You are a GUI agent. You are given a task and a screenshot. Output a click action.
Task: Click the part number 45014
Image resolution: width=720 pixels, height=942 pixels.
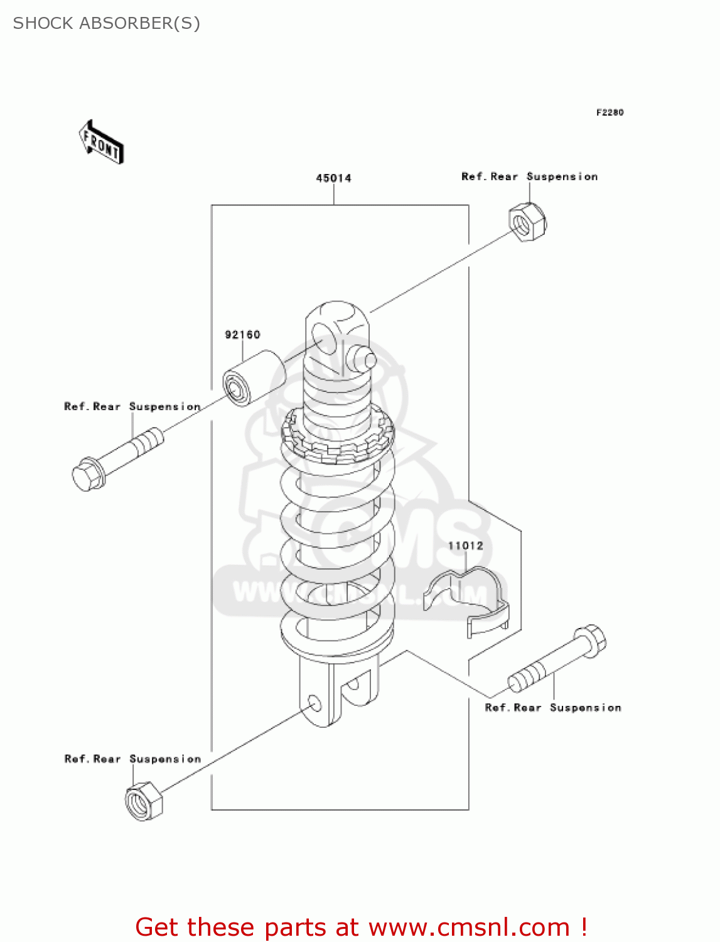click(x=333, y=178)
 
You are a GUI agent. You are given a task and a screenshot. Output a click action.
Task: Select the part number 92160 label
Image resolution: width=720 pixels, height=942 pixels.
click(x=242, y=335)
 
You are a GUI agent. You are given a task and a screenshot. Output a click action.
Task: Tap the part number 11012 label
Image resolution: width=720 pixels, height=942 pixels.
click(x=465, y=546)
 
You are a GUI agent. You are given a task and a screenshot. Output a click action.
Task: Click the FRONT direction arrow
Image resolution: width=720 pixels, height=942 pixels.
click(x=101, y=143)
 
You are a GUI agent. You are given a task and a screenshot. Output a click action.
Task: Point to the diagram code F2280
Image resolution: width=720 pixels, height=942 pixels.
click(x=610, y=112)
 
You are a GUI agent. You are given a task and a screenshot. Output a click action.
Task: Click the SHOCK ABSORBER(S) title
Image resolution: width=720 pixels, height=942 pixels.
click(x=107, y=23)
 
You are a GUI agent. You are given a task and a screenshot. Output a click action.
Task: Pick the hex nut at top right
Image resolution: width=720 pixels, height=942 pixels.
click(x=527, y=222)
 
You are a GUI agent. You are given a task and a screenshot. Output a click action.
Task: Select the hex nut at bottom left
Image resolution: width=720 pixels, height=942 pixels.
click(x=144, y=802)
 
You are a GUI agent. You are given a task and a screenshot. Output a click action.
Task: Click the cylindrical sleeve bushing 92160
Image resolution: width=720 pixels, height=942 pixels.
click(x=254, y=379)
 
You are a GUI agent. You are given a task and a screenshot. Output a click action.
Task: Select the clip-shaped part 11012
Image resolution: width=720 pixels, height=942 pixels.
click(x=468, y=600)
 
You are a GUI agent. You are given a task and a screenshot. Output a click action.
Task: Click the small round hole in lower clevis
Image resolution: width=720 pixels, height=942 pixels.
click(x=314, y=703)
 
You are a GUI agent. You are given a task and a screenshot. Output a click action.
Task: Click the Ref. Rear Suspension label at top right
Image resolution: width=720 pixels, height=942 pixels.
click(x=529, y=177)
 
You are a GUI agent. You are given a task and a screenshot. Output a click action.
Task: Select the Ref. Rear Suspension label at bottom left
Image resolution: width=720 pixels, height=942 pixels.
click(x=132, y=759)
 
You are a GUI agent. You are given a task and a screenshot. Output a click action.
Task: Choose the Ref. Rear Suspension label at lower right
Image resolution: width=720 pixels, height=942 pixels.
click(x=553, y=708)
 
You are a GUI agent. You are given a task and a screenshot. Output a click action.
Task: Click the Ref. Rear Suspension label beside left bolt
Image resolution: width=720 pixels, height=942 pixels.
click(x=132, y=407)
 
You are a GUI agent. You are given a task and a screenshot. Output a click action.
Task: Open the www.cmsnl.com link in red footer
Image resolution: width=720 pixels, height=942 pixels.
click(x=468, y=927)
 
